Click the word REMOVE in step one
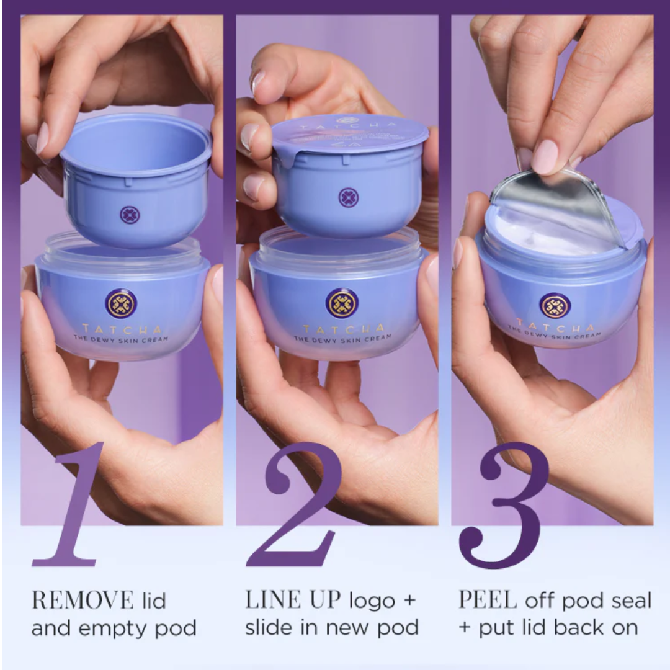pyautogui.click(x=83, y=601)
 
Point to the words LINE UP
pyautogui.click(x=293, y=600)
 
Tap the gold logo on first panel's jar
pyautogui.click(x=121, y=303)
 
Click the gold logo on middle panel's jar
pyautogui.click(x=342, y=303)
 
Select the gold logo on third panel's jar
pyautogui.click(x=555, y=306)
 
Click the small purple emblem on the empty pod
pyautogui.click(x=129, y=215)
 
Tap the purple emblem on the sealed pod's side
pyautogui.click(x=348, y=197)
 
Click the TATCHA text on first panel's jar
pyautogui.click(x=121, y=329)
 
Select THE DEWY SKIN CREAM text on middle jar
pyautogui.click(x=342, y=338)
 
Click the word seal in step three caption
pyautogui.click(x=627, y=601)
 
